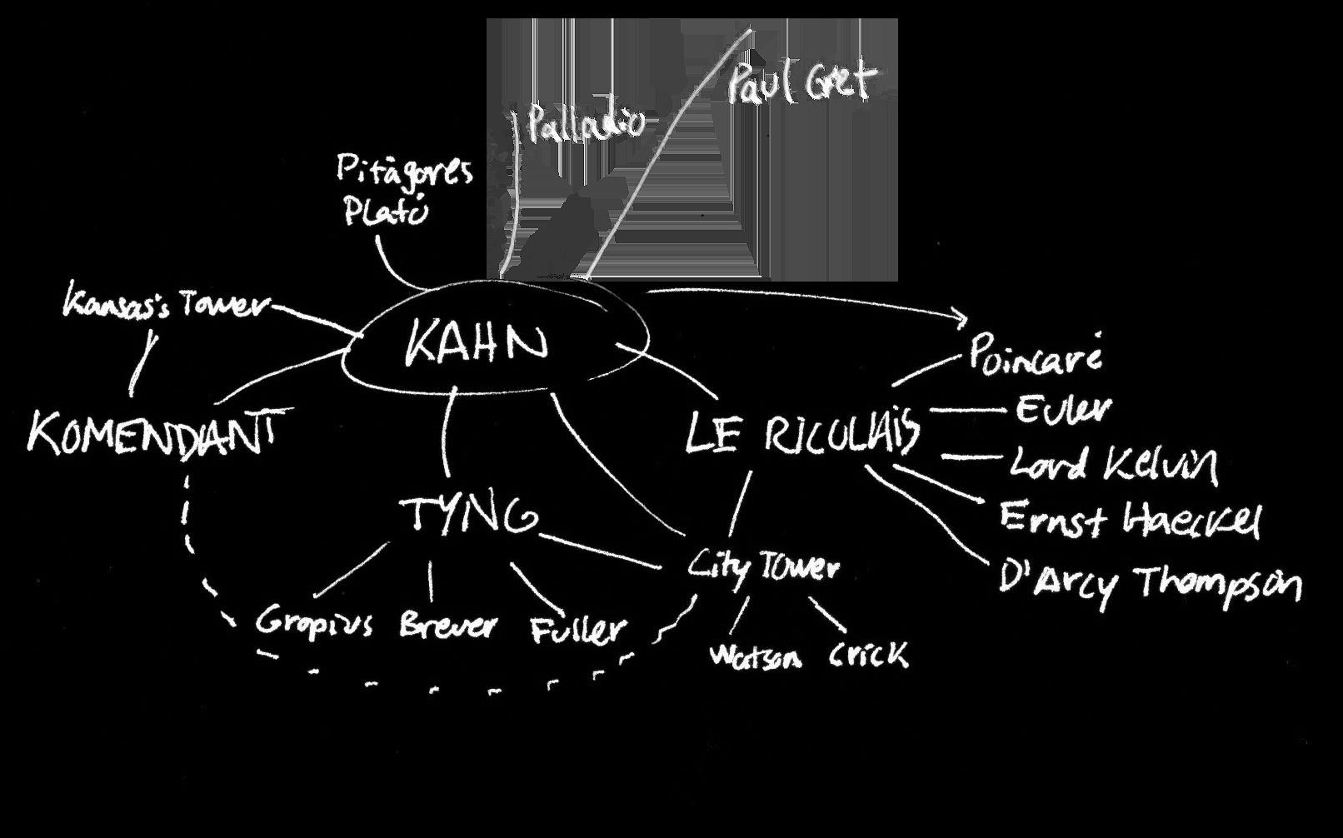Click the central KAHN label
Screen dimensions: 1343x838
tap(477, 344)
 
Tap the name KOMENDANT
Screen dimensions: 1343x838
tap(152, 433)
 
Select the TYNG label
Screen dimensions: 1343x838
tap(470, 516)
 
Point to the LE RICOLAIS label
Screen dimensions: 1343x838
tap(803, 434)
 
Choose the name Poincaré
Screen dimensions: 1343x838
tap(1036, 355)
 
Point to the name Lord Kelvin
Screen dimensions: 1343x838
tap(1113, 464)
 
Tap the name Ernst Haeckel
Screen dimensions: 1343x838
tap(1129, 520)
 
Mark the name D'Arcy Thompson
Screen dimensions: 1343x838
tap(1149, 581)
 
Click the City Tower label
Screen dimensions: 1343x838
tap(763, 568)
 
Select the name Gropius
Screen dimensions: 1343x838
tap(314, 622)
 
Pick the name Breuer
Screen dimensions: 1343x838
tap(447, 625)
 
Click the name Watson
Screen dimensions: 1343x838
tap(755, 657)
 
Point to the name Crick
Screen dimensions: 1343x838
tap(868, 655)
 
